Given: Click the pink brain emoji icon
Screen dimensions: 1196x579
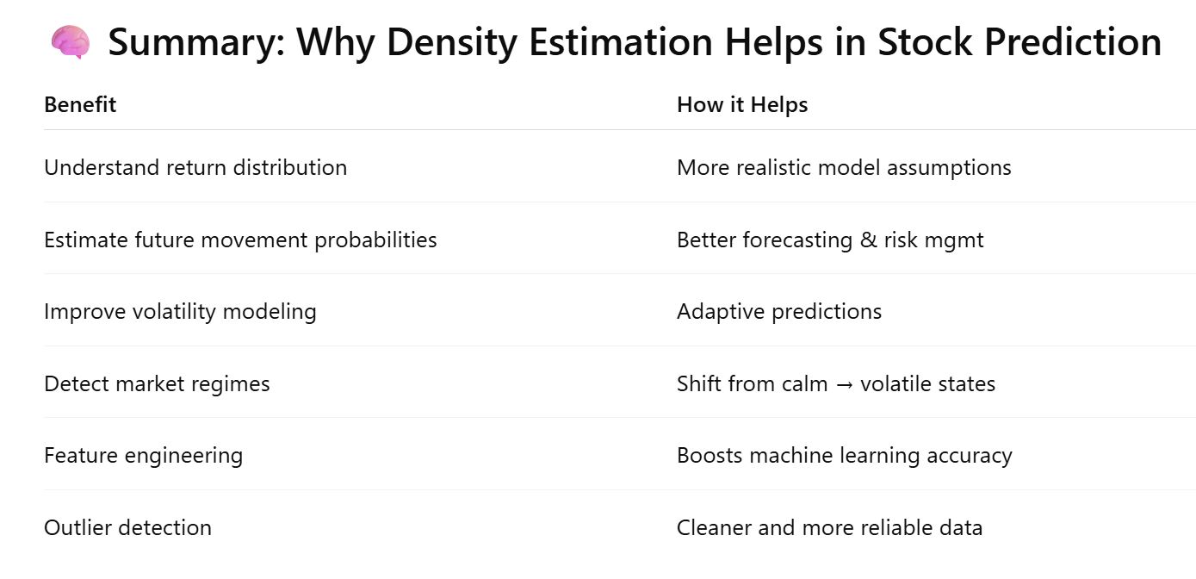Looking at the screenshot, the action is [70, 41].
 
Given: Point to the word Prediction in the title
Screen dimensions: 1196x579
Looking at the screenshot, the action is [1073, 41].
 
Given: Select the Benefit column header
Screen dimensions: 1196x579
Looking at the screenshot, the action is [80, 105].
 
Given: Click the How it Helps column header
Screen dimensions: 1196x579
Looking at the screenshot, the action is [742, 105].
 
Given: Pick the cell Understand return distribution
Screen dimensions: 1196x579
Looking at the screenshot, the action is [195, 168].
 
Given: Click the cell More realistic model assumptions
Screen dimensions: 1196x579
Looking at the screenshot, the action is [844, 168].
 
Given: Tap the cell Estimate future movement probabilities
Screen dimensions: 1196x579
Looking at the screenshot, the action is [240, 240].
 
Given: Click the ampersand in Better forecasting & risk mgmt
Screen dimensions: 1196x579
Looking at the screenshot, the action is [869, 240].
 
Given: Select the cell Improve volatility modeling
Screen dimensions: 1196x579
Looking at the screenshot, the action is [180, 312].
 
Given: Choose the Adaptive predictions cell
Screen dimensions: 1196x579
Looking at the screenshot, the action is [779, 312].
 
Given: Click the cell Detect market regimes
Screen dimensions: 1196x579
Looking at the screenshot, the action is [157, 384].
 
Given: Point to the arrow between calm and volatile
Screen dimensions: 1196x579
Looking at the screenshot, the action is [844, 385].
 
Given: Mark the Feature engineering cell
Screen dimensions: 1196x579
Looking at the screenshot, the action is [143, 456].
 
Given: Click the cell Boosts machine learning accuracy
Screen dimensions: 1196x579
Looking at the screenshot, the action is [844, 456].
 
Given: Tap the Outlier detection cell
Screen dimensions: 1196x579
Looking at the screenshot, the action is [127, 527].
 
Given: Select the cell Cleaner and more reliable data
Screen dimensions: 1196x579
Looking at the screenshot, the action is [829, 527].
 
